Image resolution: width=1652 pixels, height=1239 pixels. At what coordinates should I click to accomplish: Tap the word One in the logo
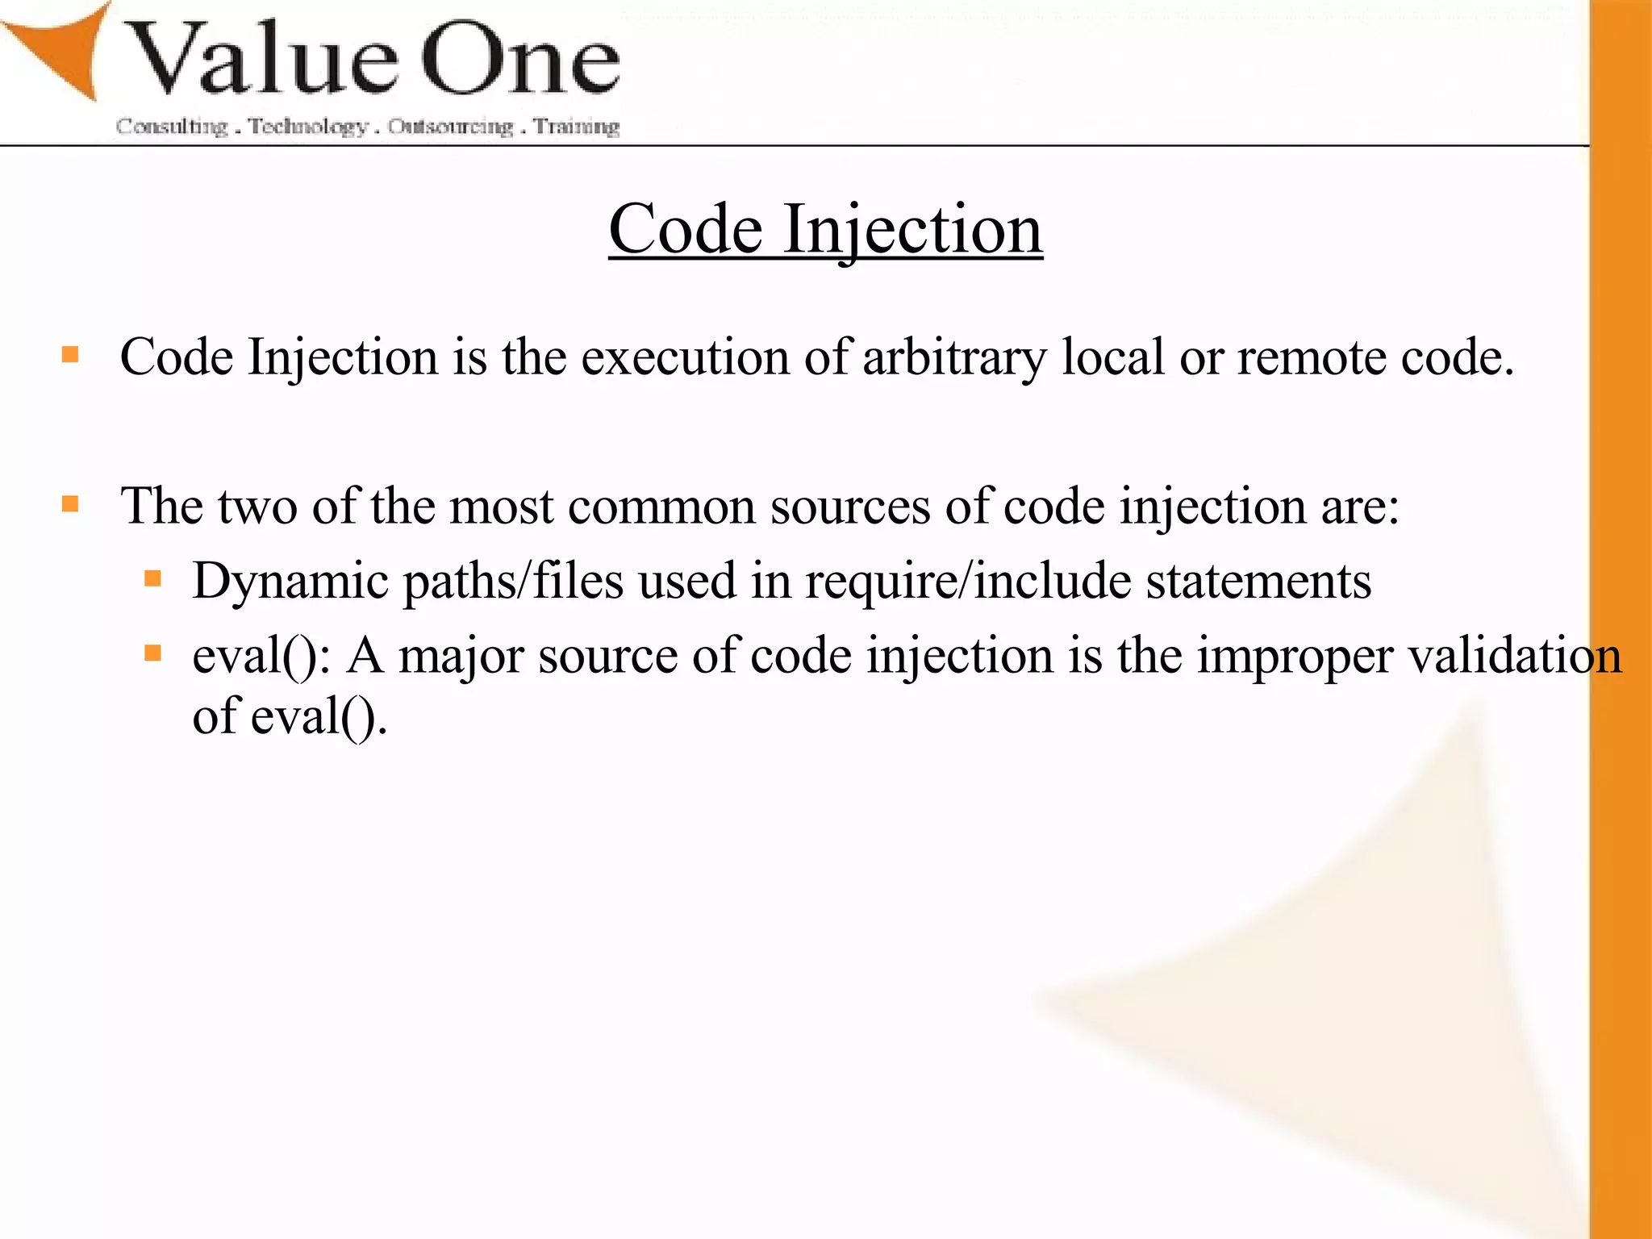520,60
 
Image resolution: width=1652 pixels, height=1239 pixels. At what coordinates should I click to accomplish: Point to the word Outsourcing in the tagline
450,127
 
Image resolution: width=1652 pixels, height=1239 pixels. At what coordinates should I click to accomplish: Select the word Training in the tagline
576,127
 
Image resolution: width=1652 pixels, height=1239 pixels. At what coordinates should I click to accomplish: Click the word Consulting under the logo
172,127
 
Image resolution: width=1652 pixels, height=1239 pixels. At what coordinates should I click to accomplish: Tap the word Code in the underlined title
686,230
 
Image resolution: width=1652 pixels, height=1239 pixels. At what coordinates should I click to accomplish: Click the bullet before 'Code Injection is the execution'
70,354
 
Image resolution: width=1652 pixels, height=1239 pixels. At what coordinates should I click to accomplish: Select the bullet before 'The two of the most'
70,504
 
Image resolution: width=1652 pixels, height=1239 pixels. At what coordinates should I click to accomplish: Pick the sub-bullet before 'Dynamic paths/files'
153,578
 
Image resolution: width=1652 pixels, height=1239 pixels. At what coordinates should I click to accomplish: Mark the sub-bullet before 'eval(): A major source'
153,652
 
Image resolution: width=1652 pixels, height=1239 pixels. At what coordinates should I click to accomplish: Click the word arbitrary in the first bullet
954,357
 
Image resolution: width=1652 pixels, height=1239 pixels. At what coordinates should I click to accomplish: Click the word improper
1295,656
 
